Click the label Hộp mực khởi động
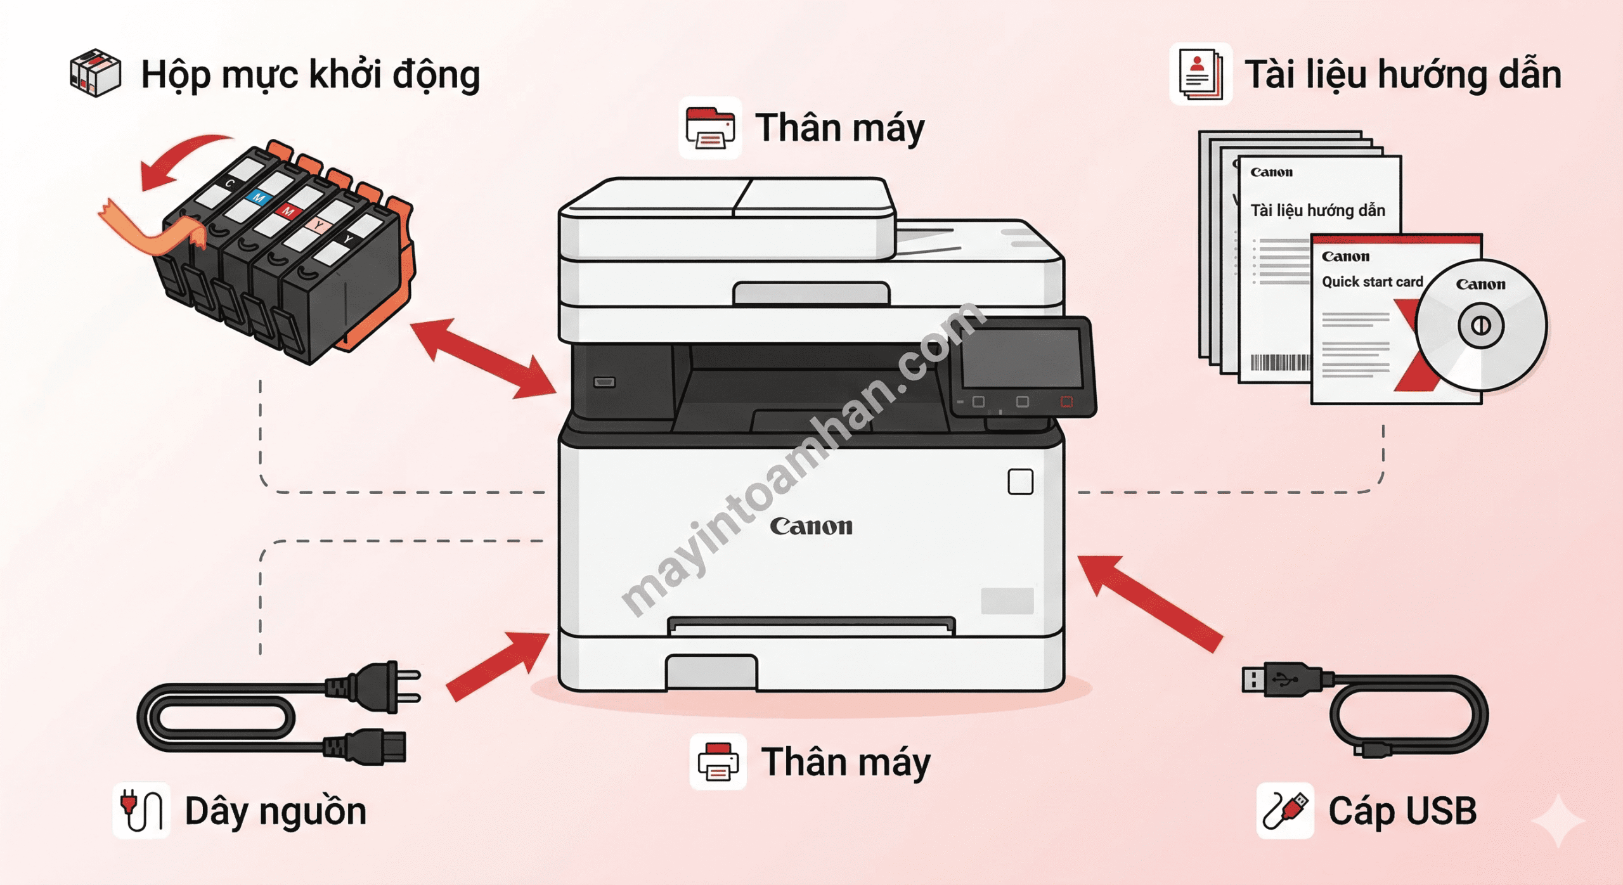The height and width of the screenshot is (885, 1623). pos(310,75)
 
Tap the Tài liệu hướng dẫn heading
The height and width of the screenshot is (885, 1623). pos(1402,75)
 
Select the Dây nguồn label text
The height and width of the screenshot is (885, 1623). pos(275,811)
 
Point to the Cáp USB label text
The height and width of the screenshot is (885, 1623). pos(1402,811)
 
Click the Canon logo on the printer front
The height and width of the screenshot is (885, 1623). pos(811,526)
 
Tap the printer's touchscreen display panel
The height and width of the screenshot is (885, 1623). pos(1021,359)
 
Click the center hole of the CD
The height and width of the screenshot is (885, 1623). pos(1480,326)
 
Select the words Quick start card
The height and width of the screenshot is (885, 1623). pos(1372,281)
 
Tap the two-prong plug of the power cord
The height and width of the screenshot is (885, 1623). pos(380,687)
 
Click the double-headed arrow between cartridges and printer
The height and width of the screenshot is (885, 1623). pos(483,359)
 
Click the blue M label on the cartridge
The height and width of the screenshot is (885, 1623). pos(259,197)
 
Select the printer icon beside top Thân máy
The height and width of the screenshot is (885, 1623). pos(710,127)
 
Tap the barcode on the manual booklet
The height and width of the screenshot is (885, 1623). pos(1279,363)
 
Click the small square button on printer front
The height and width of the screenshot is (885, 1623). pos(1020,482)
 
